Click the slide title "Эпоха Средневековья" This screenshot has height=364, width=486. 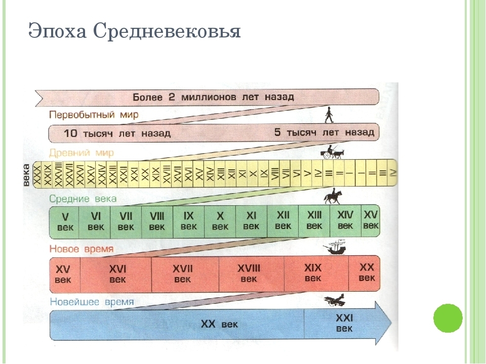coord(134,31)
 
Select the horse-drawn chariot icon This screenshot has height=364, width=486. coord(332,152)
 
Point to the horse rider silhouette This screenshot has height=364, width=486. coord(333,196)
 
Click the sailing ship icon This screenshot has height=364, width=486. coord(335,248)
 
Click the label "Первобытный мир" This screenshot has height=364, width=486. coord(94,115)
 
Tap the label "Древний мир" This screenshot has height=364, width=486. coord(82,152)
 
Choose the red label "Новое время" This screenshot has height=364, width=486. coord(82,249)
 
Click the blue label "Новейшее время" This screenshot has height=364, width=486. coord(92,302)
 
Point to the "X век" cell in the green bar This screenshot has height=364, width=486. coord(220,221)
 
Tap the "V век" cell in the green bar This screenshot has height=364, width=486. coord(65,222)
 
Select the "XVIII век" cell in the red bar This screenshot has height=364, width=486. coord(249,273)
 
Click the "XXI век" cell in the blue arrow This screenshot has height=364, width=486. coord(345,323)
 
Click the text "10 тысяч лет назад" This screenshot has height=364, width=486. coord(117,134)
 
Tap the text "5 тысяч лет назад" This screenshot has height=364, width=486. coord(324,133)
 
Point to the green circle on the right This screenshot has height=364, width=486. coord(448,318)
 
